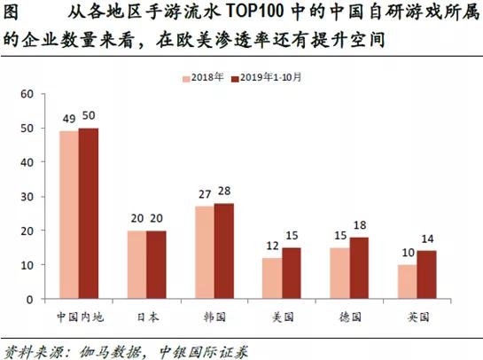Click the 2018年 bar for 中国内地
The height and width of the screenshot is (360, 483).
pos(68,215)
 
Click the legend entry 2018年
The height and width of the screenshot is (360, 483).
pos(206,78)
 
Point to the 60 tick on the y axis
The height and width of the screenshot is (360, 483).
pos(26,94)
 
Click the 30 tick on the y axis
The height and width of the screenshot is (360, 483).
pos(26,197)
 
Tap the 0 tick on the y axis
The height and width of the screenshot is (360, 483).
pos(28,300)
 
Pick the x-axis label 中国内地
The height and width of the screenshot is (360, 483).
pos(78,315)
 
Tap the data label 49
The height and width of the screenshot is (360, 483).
pos(67,120)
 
